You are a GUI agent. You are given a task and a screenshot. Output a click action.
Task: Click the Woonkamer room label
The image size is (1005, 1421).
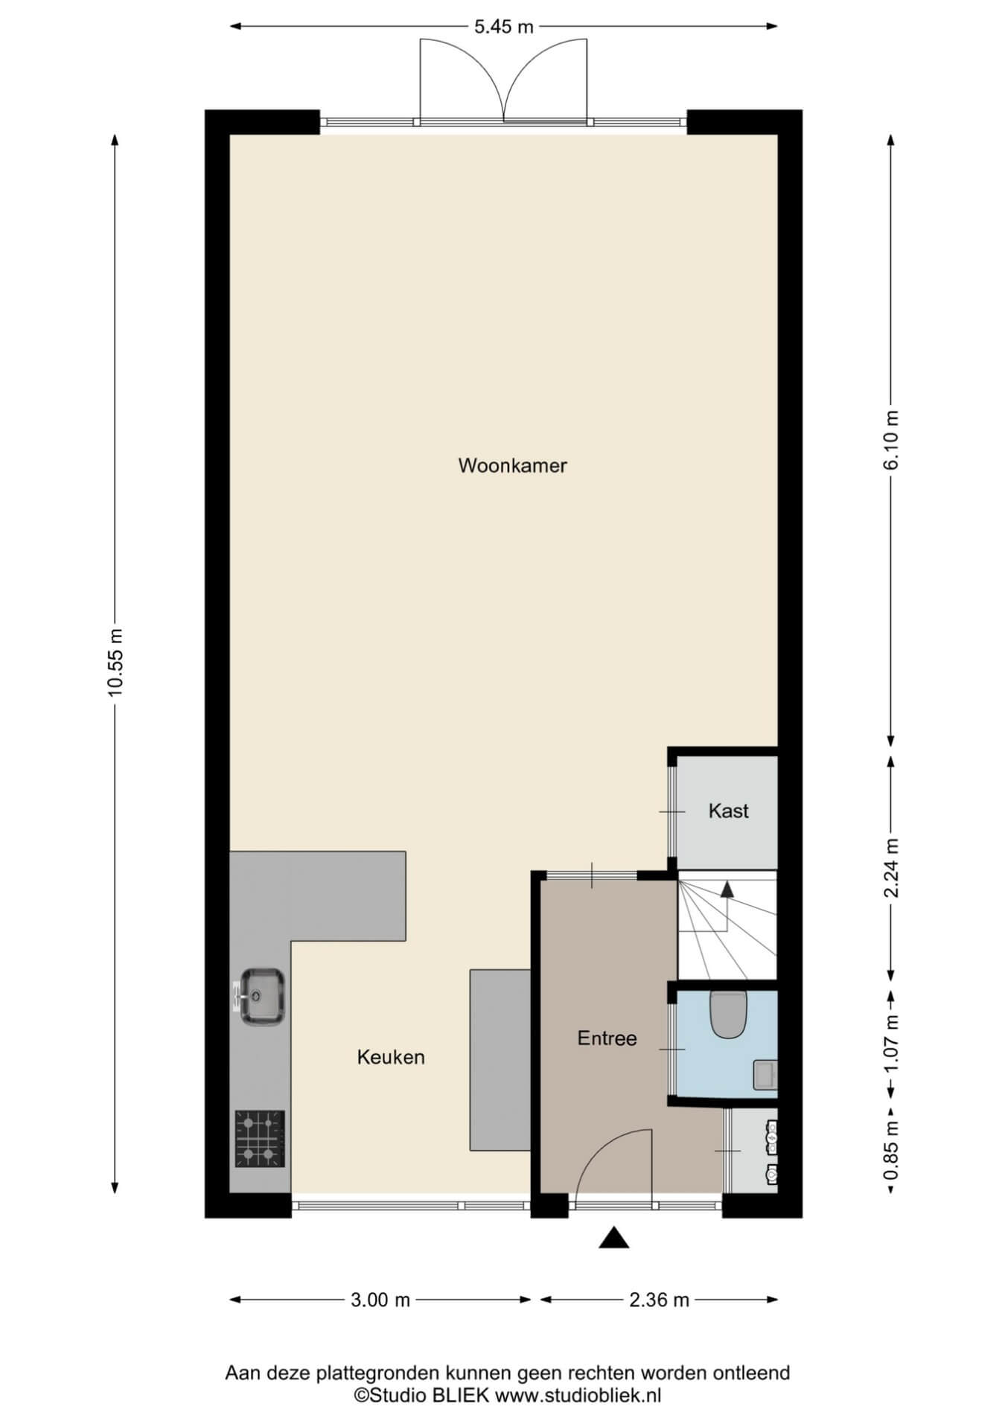(x=512, y=466)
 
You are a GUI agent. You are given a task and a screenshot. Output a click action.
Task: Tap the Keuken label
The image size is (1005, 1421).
(x=391, y=1057)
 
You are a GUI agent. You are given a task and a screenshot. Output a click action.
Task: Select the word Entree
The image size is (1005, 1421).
(x=607, y=1038)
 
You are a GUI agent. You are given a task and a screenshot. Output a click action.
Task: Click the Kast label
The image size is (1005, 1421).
(x=728, y=811)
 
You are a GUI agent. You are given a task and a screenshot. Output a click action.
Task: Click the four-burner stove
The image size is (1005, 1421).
(x=260, y=1139)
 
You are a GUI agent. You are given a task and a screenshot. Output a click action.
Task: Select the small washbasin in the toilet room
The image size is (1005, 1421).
(x=765, y=1075)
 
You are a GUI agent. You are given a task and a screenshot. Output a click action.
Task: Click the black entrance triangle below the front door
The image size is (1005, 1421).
(x=614, y=1237)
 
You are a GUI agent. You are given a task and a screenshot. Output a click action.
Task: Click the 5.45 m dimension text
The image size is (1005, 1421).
(x=504, y=27)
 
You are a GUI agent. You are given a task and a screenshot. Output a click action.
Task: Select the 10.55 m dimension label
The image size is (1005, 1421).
(x=115, y=662)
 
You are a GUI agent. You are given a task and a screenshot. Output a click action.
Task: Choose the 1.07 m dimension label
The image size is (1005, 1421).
(x=892, y=1045)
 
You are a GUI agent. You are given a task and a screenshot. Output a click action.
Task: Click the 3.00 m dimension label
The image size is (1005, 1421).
(x=380, y=1300)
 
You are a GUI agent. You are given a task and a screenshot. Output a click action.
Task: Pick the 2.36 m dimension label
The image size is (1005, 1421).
(x=659, y=1300)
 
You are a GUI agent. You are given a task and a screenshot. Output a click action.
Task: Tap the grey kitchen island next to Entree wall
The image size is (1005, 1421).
(x=500, y=1060)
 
